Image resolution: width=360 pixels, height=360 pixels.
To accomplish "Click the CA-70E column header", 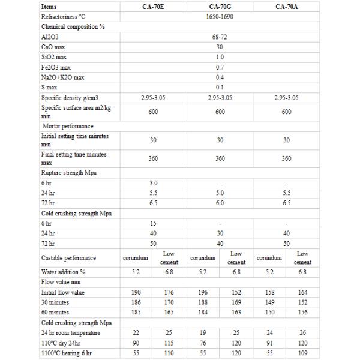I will (154, 8).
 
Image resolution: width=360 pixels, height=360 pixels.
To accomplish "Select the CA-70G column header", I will (220, 8).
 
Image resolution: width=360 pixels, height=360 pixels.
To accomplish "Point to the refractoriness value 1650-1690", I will (220, 17).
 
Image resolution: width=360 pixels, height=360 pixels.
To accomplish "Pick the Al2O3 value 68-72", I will (220, 37).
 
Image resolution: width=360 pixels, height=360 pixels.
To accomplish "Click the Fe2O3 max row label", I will (57, 68).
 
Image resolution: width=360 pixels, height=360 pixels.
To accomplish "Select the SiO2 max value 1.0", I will (220, 58).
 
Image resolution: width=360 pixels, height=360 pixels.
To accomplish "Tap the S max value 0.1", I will (220, 88).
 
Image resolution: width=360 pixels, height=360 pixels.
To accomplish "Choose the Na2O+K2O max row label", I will (65, 78).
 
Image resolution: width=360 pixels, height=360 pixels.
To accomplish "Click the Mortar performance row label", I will (68, 126).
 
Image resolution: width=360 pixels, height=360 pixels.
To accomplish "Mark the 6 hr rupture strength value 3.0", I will (154, 183).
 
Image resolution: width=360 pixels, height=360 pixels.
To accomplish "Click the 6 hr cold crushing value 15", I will (154, 223).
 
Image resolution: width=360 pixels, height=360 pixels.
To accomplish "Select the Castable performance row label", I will (69, 258).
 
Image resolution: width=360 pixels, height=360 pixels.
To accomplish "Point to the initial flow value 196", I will (203, 293).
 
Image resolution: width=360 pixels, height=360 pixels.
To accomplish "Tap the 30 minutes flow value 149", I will (270, 303).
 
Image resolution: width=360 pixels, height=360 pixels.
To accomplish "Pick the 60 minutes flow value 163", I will (236, 313).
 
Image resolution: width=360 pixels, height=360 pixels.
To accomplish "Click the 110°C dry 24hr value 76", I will (203, 343).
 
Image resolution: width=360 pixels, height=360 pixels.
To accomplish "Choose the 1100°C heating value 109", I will (303, 353).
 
